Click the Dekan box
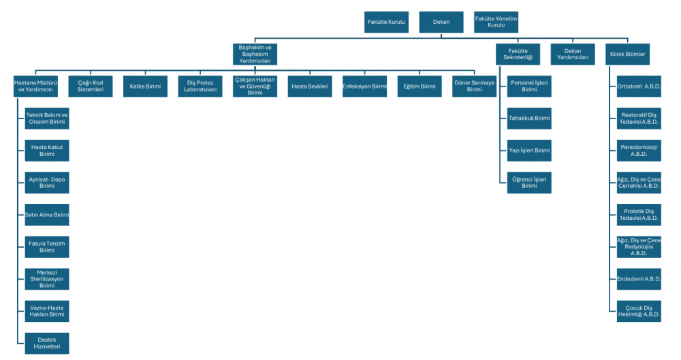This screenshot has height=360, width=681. [441, 22]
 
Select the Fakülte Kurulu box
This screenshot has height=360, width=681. [387, 22]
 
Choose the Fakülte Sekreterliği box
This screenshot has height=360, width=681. [518, 54]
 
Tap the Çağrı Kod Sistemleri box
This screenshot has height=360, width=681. [91, 86]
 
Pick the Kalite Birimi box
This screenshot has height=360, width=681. [145, 86]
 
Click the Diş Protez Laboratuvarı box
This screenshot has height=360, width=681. [200, 86]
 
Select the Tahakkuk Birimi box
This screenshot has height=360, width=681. [529, 118]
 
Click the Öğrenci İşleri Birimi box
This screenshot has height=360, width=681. [529, 182]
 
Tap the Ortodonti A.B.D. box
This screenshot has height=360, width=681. [639, 86]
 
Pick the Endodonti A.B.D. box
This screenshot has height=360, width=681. [639, 278]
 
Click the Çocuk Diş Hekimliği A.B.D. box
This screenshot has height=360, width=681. [639, 310]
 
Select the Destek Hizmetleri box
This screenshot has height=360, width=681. [47, 342]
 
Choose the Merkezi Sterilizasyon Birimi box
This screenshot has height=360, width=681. [47, 278]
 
